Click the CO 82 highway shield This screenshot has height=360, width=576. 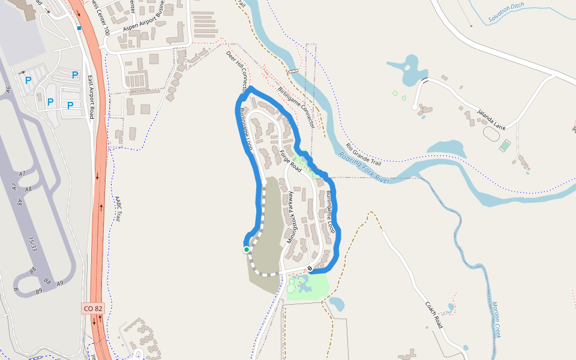94,308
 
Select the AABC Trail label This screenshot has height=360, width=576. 118,208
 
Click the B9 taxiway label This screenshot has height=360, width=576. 39,291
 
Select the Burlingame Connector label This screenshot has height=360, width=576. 296,107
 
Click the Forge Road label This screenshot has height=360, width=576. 290,162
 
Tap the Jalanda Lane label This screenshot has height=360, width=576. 491,119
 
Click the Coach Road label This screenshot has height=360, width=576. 434,314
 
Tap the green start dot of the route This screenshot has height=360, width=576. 246,249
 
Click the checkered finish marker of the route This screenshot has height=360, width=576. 310,268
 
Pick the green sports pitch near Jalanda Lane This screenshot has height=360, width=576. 505,145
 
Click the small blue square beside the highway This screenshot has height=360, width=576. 79,28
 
